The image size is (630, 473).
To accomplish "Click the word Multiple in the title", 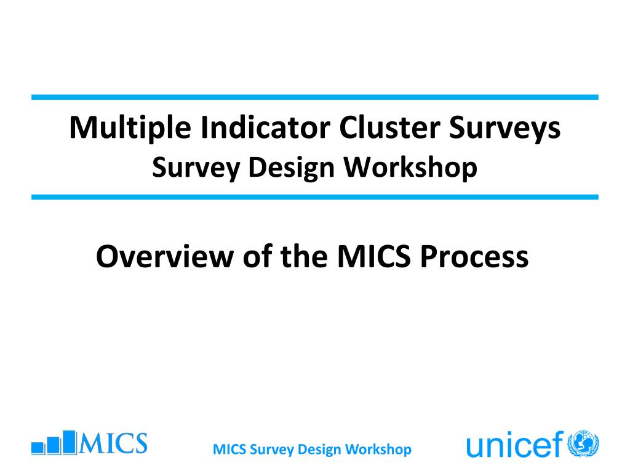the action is [x=130, y=128].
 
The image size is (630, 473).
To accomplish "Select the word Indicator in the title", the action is [x=265, y=127].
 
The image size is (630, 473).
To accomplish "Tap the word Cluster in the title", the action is [x=389, y=127].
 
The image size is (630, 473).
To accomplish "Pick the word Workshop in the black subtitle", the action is [x=410, y=168].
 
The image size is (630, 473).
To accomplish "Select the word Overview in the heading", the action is [x=165, y=256].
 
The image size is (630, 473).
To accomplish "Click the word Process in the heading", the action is [x=474, y=256].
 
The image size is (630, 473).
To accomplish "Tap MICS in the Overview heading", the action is [x=373, y=256].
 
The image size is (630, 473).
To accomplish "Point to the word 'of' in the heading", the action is [x=257, y=256].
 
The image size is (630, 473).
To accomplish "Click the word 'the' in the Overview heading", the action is [x=304, y=256].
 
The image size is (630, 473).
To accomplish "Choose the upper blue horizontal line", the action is [x=315, y=97].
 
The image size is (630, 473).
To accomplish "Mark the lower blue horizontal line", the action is [x=315, y=197].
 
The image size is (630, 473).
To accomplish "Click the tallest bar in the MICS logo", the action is [x=70, y=443].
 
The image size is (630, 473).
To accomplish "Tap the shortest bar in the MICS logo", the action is [x=38, y=448].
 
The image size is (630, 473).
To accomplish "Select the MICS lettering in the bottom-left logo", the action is [x=113, y=443].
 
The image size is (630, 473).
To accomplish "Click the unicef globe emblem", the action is [x=583, y=444].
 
